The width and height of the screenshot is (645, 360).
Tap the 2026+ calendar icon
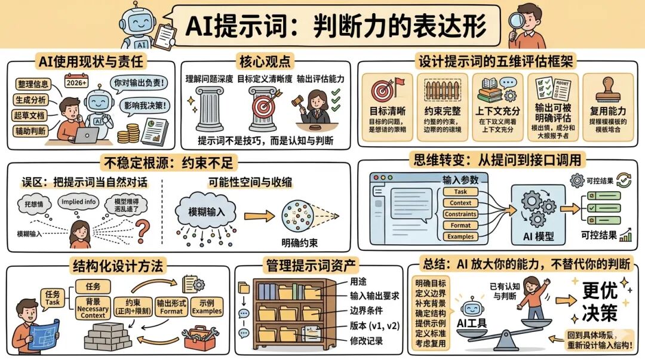pos(75,82)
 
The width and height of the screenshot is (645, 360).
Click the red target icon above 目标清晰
pos(383,90)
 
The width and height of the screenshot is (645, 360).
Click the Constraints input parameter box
pos(460,214)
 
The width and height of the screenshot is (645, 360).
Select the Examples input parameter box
pos(460,236)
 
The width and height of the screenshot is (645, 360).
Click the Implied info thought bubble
pos(78,202)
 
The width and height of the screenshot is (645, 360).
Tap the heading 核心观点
pos(264,61)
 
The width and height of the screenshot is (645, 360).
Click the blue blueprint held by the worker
pos(44,332)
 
